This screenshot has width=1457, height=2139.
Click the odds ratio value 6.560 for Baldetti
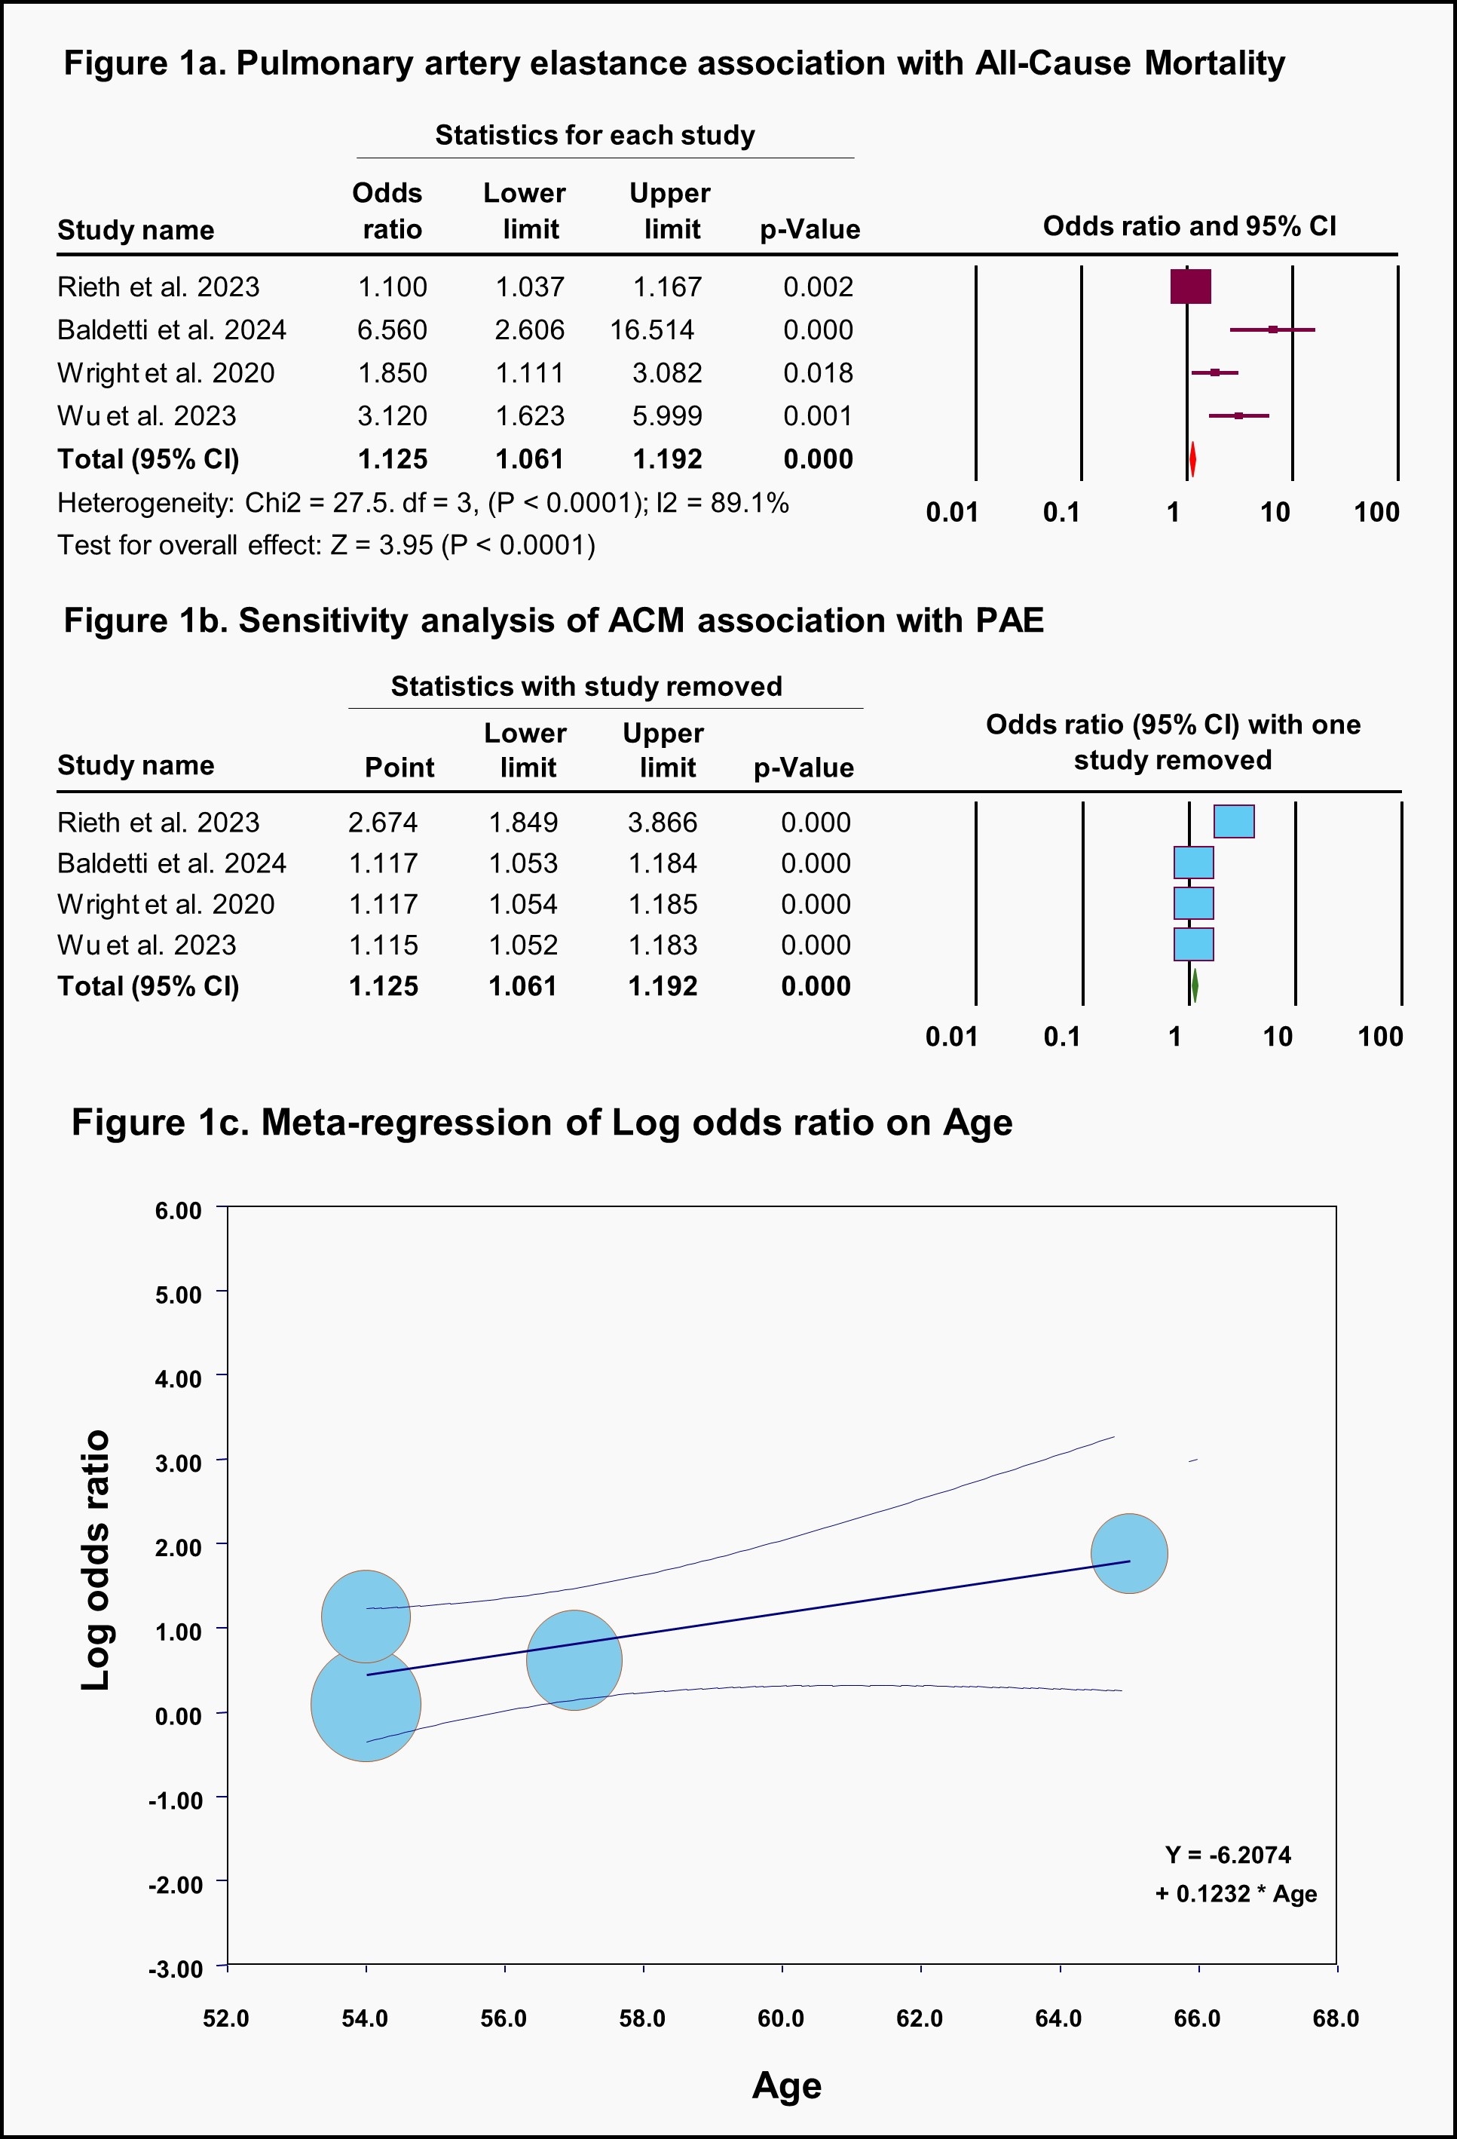coord(392,329)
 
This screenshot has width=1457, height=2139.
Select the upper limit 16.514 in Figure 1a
coord(652,329)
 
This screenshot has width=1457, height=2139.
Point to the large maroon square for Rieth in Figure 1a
coord(1190,287)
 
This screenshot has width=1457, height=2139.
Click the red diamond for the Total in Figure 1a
coord(1192,459)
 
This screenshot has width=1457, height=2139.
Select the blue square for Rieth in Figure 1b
coord(1233,821)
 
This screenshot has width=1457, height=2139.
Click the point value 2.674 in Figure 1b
coord(383,822)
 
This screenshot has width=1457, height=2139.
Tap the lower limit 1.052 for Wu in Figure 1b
coord(523,945)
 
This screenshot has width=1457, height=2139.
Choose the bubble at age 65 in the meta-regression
coord(1129,1554)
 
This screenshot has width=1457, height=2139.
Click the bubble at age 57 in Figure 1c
coord(574,1659)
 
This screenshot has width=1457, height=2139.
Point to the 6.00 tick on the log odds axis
coord(179,1210)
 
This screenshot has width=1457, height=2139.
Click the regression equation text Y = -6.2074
coord(1228,1855)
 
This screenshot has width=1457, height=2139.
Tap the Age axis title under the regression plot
coord(786,2085)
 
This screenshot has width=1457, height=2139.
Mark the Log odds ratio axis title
coord(96,1560)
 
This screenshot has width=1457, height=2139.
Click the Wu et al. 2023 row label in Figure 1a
coord(146,416)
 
